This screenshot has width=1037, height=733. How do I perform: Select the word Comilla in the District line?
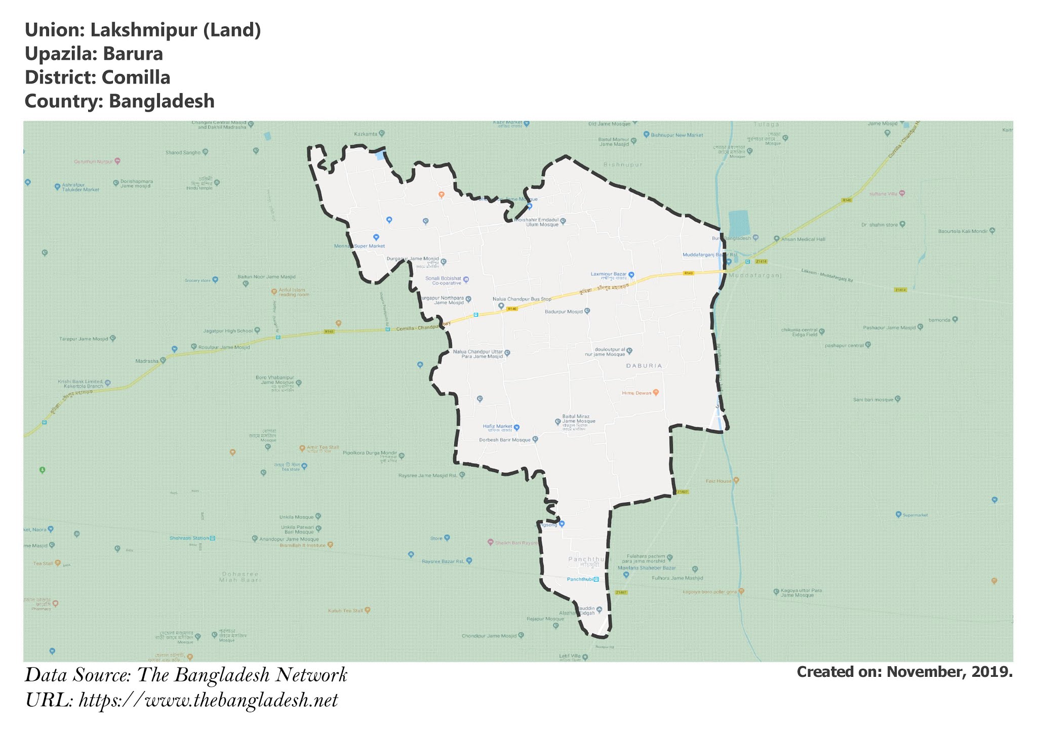point(136,77)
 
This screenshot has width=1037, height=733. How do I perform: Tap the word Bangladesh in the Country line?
point(162,101)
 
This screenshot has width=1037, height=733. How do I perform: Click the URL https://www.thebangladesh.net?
point(208,701)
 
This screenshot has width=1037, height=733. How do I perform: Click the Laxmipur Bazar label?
point(609,274)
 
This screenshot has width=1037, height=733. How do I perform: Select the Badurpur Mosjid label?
point(564,312)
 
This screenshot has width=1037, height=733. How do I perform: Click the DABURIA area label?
point(644,365)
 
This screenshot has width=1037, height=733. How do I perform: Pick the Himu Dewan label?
point(636,393)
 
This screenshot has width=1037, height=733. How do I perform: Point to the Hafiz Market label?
point(497,426)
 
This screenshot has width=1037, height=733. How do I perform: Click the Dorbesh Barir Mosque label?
point(505,440)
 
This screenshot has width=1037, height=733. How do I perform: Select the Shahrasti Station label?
point(189,538)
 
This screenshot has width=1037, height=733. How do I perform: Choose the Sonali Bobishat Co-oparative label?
point(443,280)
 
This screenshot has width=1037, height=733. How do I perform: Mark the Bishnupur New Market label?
point(676,135)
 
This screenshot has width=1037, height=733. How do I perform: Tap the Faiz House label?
point(719,481)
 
